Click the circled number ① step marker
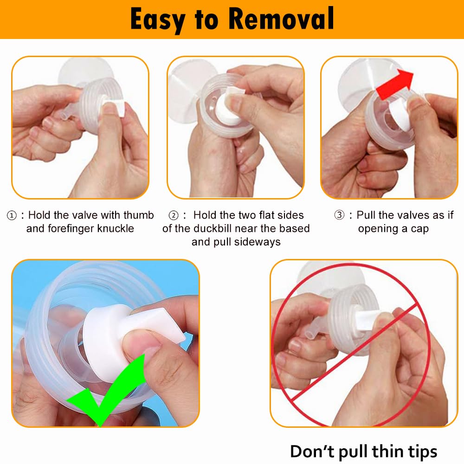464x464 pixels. (12, 215)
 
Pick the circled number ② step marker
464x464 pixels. (174, 215)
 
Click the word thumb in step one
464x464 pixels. (138, 215)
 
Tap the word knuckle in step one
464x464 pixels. (112, 229)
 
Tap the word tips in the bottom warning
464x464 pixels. (420, 451)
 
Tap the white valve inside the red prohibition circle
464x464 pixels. (367, 320)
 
